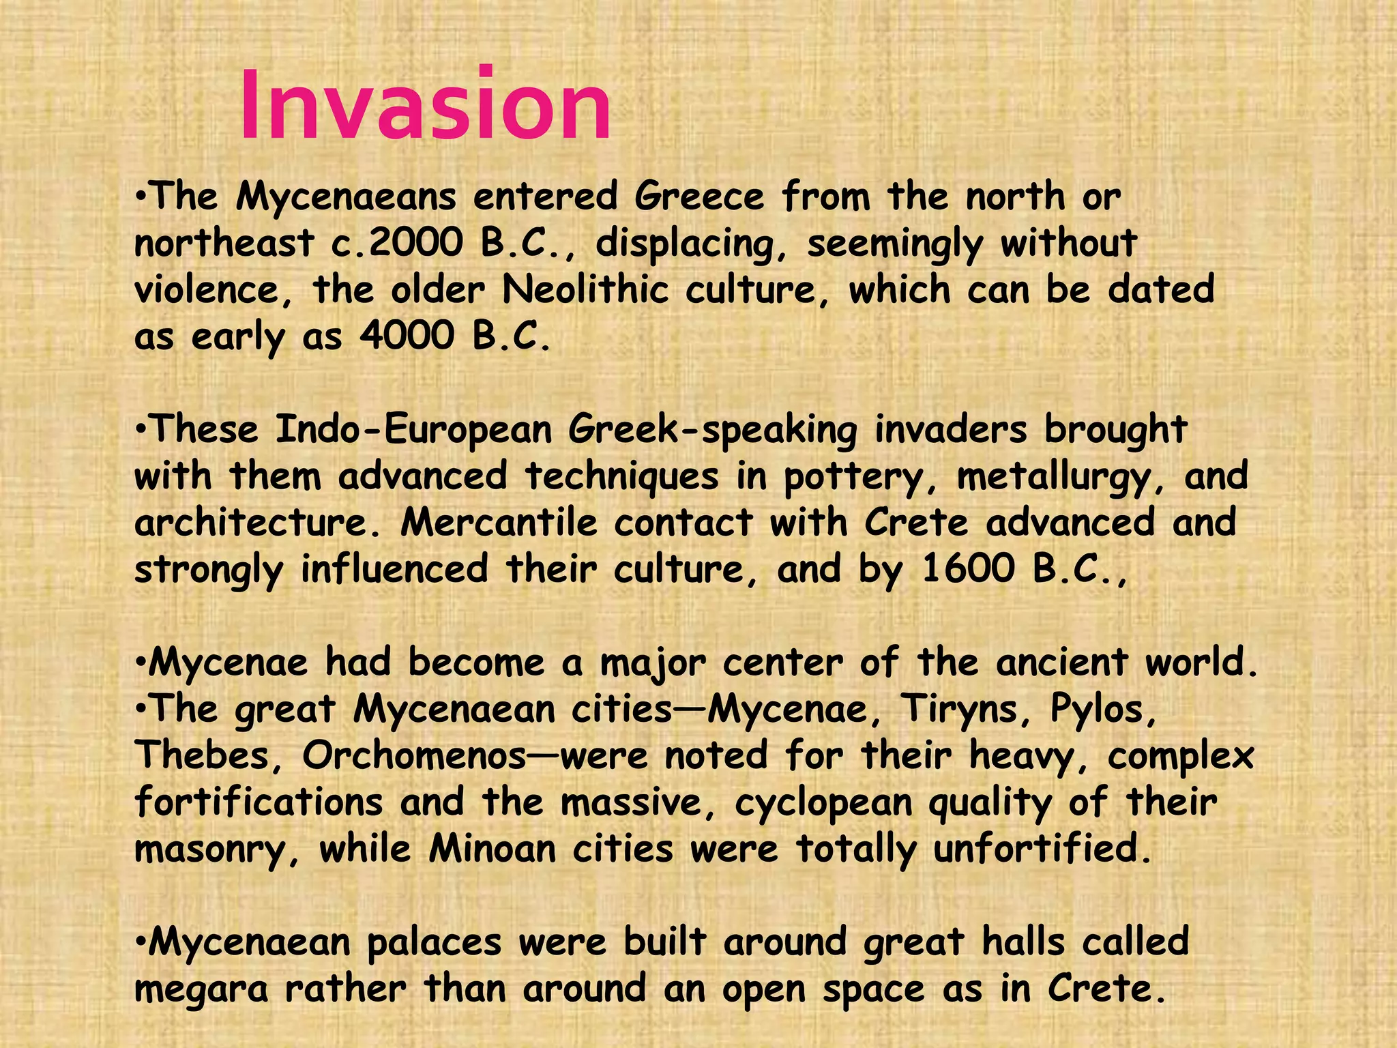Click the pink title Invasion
click(425, 106)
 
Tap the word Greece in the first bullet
click(699, 197)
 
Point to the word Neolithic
click(585, 290)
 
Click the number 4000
click(407, 336)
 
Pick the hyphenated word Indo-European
click(413, 430)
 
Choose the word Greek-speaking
click(712, 431)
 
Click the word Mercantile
click(499, 523)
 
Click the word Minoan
click(492, 849)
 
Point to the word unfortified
click(1042, 849)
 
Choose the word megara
click(201, 990)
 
